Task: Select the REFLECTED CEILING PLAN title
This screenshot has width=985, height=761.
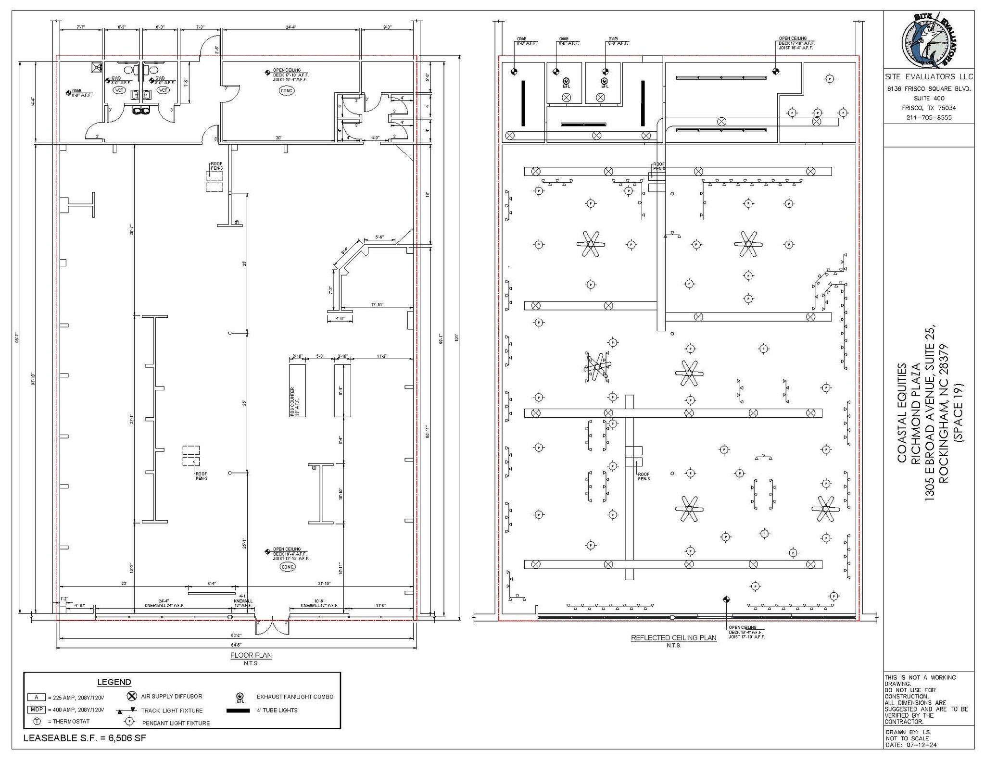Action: (x=673, y=638)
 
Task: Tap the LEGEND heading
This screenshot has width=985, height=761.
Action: (x=114, y=682)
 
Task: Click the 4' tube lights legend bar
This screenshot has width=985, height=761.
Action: (x=238, y=710)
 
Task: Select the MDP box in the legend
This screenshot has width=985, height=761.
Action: (x=36, y=710)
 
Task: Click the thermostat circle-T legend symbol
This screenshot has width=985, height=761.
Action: (x=37, y=722)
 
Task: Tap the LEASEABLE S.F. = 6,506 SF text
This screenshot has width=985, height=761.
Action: (x=85, y=738)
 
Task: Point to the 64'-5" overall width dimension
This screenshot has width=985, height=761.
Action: (x=236, y=645)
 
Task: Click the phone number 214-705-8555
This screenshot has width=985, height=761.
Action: (x=929, y=117)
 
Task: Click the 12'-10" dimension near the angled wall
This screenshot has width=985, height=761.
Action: (x=377, y=305)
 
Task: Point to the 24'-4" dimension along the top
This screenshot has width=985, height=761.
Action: (x=291, y=27)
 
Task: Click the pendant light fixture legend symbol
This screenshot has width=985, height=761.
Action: (x=128, y=722)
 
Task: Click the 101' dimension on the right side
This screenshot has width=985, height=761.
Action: (x=456, y=338)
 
